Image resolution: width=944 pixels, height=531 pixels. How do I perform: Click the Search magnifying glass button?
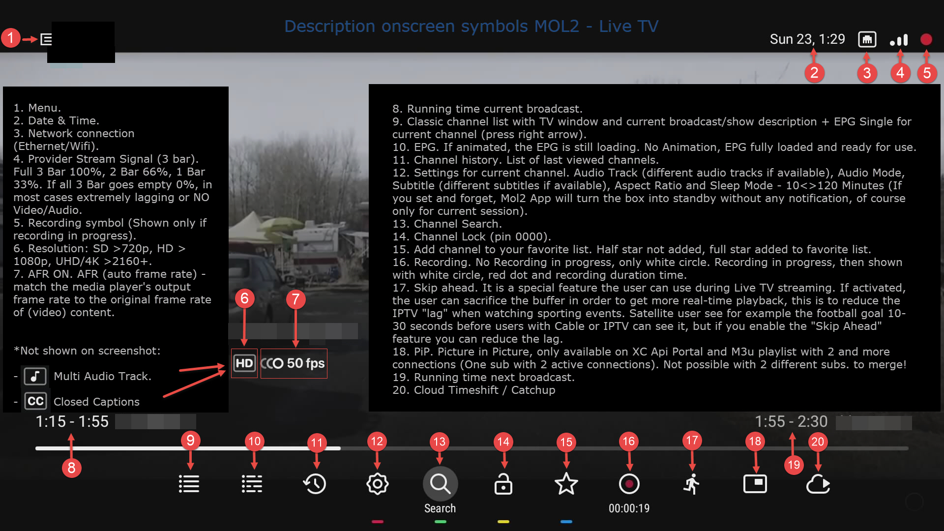(x=440, y=484)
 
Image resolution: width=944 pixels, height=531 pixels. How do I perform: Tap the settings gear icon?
(x=378, y=484)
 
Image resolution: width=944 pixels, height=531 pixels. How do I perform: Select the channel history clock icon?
(x=315, y=484)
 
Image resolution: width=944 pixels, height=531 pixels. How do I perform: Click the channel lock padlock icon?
(x=503, y=484)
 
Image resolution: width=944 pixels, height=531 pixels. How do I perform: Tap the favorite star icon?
(x=566, y=484)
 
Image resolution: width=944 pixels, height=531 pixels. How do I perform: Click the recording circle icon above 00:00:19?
(x=629, y=484)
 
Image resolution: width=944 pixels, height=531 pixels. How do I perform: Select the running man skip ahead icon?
(x=692, y=484)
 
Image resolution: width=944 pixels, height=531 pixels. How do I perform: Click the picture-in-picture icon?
(x=755, y=484)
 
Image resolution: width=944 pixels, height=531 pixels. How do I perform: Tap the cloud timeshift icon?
(x=818, y=484)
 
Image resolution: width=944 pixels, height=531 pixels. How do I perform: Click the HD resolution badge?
(x=244, y=363)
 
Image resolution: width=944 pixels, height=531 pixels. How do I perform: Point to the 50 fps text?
(x=306, y=363)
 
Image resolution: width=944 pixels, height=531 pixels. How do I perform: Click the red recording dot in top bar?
(x=926, y=39)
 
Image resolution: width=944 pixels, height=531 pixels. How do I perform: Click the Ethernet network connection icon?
(x=867, y=39)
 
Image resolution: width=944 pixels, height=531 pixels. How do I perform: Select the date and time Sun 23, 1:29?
(x=807, y=39)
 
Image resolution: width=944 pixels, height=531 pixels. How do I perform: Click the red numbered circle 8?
(x=72, y=468)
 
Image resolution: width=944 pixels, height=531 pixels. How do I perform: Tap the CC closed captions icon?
(x=35, y=401)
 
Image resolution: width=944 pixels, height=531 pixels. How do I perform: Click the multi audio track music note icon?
(x=35, y=376)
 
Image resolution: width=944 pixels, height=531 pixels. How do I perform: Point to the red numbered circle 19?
(x=794, y=465)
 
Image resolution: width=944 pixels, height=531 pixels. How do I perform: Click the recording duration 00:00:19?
(x=629, y=508)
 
